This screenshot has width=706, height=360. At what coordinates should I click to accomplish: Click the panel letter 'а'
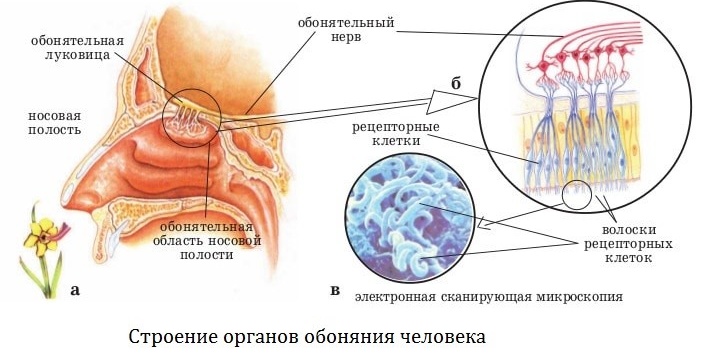[x=75, y=292]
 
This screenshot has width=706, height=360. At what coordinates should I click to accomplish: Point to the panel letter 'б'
[x=455, y=82]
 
